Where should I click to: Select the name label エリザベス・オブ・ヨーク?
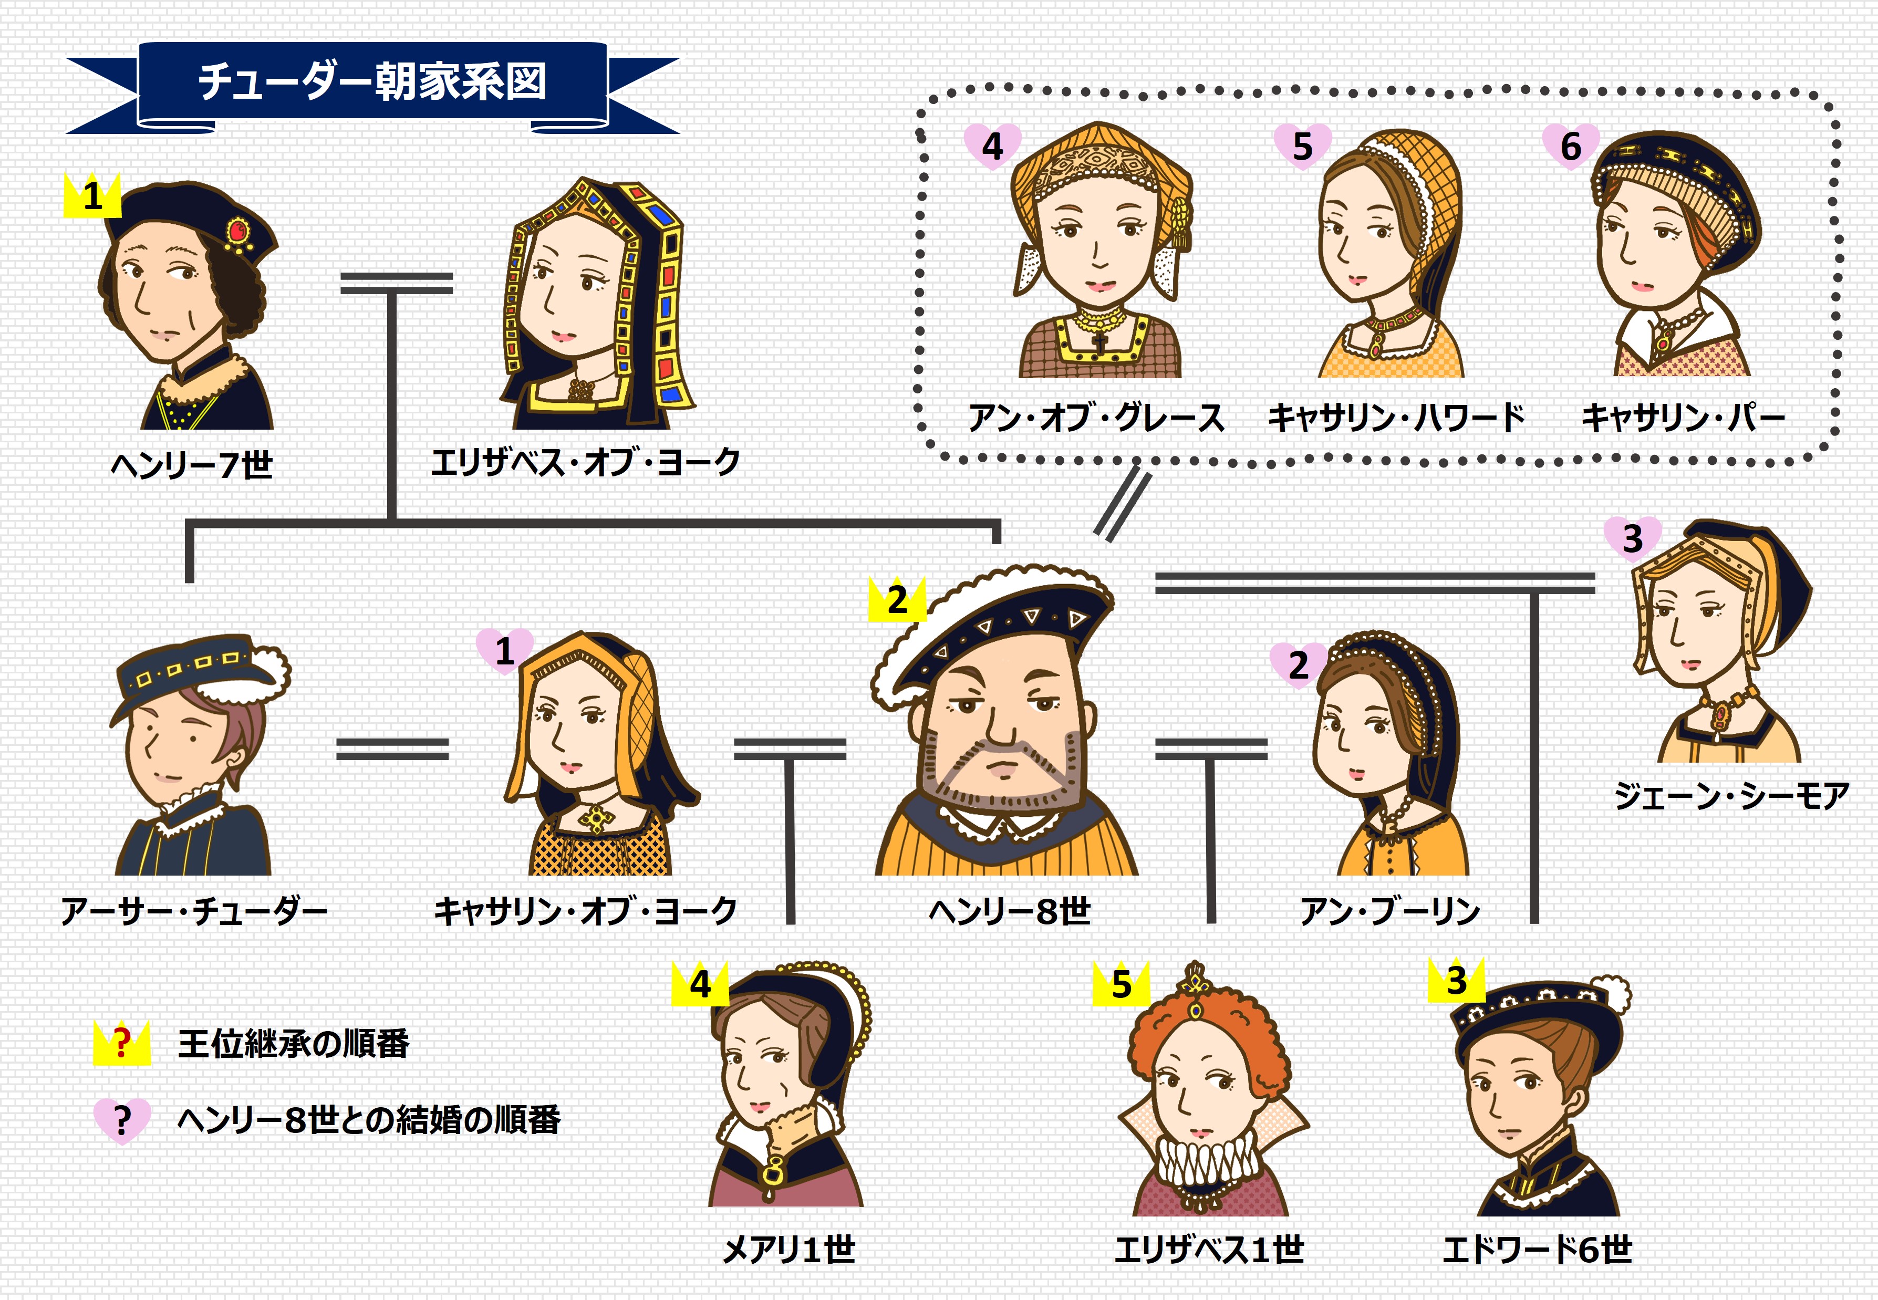[x=585, y=462]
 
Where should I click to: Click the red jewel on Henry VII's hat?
[x=238, y=231]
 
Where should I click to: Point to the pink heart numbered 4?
[x=992, y=147]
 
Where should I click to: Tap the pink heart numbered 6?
[x=1570, y=147]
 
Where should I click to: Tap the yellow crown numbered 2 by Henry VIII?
[x=897, y=600]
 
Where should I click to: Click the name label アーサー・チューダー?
[x=194, y=911]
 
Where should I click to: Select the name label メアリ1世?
[x=788, y=1249]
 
